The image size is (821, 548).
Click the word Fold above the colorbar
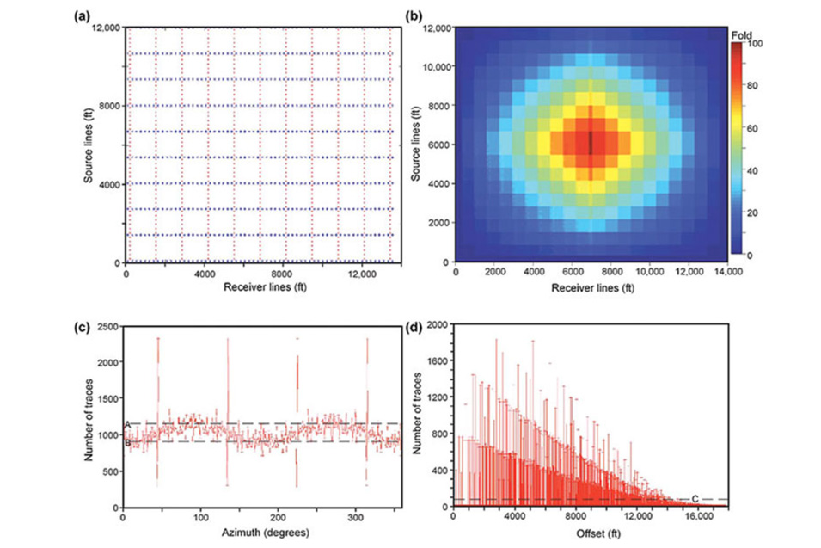point(740,34)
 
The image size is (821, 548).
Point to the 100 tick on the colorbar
point(763,43)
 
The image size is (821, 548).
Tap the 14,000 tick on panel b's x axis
point(727,272)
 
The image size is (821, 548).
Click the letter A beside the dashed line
point(126,425)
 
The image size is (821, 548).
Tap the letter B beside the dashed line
point(126,442)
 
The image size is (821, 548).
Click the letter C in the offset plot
point(695,499)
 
